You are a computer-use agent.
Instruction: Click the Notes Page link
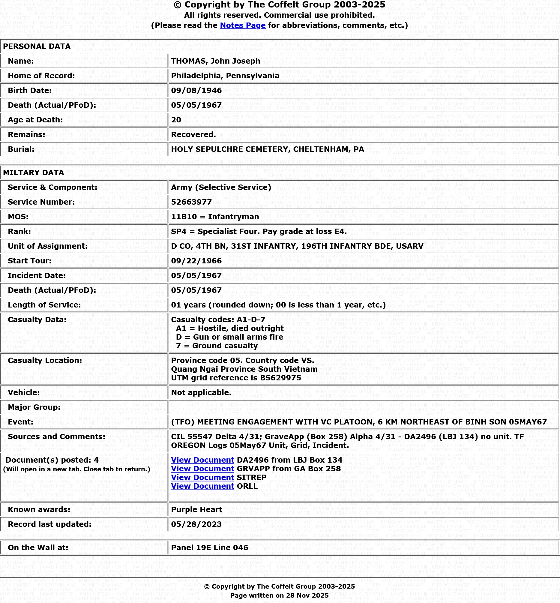(x=242, y=25)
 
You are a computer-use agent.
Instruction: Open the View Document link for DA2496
(x=202, y=460)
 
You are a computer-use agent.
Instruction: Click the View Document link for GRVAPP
(x=202, y=469)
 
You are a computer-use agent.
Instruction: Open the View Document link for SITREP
(x=202, y=478)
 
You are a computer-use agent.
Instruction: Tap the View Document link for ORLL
(x=202, y=486)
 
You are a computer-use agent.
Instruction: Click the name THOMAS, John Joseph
(x=215, y=61)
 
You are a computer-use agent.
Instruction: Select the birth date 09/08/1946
(x=196, y=91)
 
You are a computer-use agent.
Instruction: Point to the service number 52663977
(x=191, y=202)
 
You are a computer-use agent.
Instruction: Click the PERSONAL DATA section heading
(x=37, y=46)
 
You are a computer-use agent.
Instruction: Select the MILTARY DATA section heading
(x=34, y=173)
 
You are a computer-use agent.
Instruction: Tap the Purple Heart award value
(x=197, y=510)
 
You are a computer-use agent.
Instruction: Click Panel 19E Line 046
(x=210, y=548)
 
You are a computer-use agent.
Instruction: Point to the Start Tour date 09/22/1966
(x=196, y=261)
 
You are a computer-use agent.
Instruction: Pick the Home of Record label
(x=41, y=76)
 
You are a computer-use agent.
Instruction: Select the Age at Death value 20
(x=176, y=120)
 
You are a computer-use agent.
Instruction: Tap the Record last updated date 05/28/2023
(x=196, y=524)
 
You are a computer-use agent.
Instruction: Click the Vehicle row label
(x=24, y=393)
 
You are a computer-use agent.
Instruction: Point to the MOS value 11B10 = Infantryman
(x=215, y=217)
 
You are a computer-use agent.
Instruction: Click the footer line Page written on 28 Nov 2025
(x=279, y=595)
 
